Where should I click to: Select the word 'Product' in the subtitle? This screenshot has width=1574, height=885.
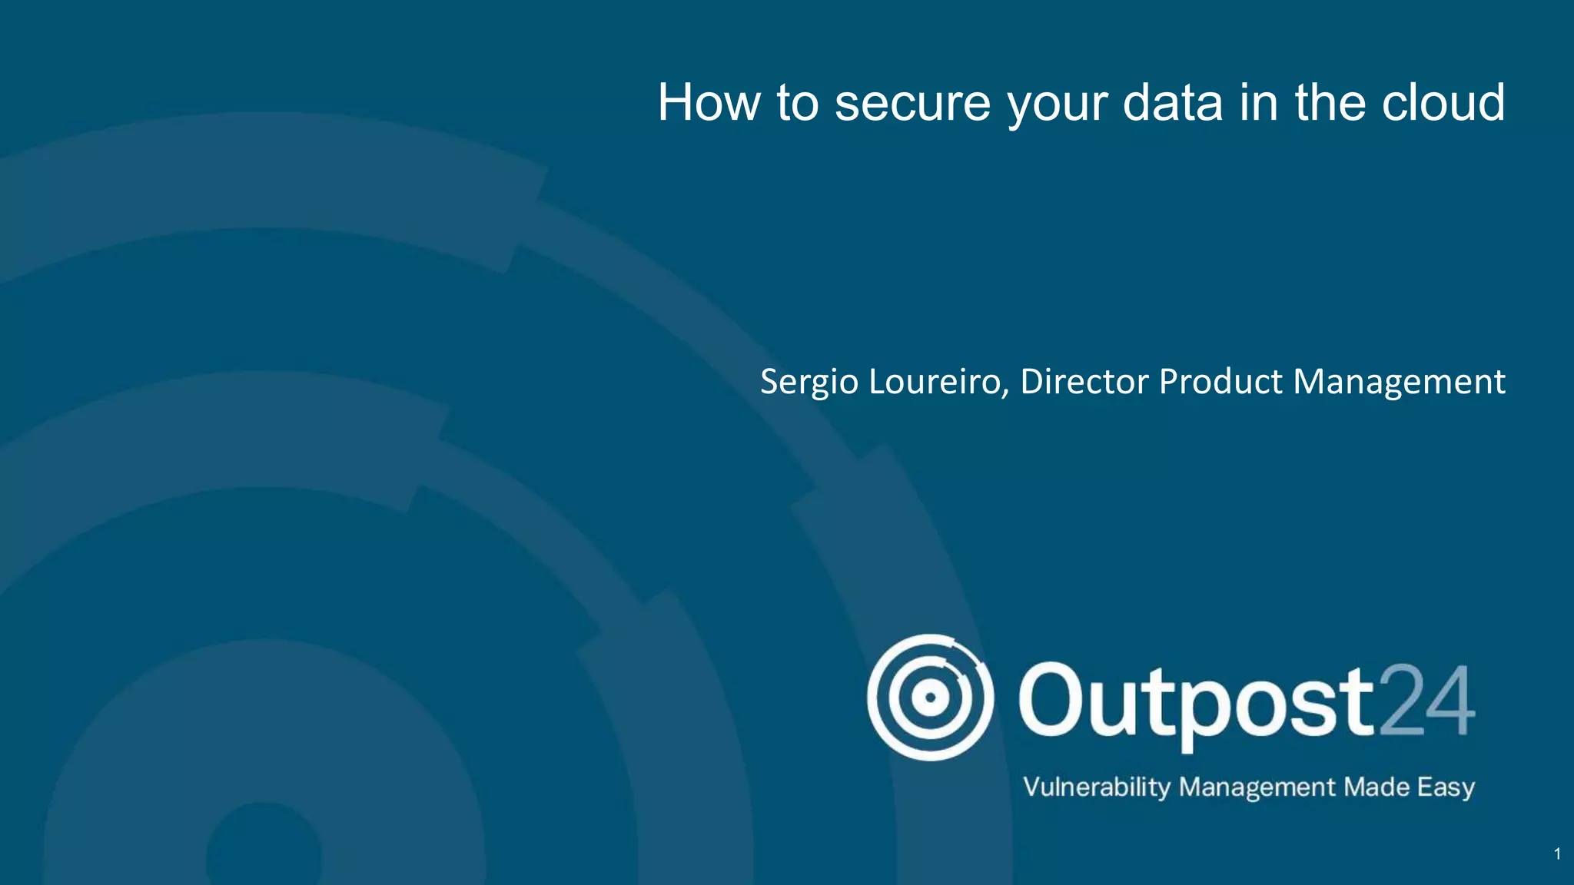1220,381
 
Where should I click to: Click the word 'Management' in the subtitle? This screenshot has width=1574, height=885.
1399,382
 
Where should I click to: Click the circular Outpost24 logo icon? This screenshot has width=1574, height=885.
930,698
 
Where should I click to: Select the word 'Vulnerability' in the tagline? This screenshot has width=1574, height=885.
1097,787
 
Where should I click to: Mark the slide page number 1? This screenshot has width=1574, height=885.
1557,854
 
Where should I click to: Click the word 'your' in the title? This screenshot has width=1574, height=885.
1057,105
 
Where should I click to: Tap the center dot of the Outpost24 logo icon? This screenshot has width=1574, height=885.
930,698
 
